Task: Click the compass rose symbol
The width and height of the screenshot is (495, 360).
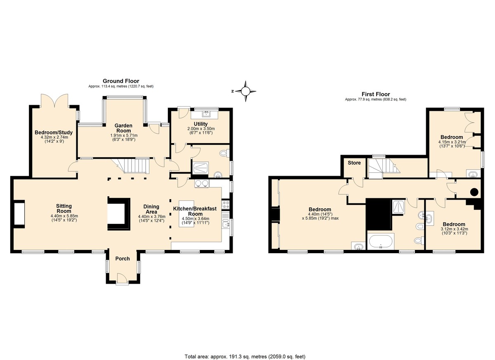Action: (245, 91)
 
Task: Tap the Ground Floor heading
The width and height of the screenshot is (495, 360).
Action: (121, 81)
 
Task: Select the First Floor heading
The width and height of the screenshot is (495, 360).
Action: (376, 94)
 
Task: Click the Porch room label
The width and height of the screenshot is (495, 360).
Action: (123, 259)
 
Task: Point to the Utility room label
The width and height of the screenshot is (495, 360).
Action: (200, 124)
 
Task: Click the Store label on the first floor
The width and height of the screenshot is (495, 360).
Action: (354, 163)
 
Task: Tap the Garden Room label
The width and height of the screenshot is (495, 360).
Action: (123, 128)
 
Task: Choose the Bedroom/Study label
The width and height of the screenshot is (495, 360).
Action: (54, 132)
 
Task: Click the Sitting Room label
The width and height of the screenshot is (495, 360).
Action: (64, 209)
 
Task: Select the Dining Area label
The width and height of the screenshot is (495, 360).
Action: (151, 209)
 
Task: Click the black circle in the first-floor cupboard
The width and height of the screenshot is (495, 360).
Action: (474, 192)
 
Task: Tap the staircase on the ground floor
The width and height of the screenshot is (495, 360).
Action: (133, 166)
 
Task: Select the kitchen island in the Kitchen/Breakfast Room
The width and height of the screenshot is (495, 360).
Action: (186, 214)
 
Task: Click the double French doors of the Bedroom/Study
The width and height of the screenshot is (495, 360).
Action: (54, 101)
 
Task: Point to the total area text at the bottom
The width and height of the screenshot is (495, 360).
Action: (245, 350)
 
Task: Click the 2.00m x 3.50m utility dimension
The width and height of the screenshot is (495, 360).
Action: (201, 129)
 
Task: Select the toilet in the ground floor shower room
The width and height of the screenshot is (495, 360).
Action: (224, 153)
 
